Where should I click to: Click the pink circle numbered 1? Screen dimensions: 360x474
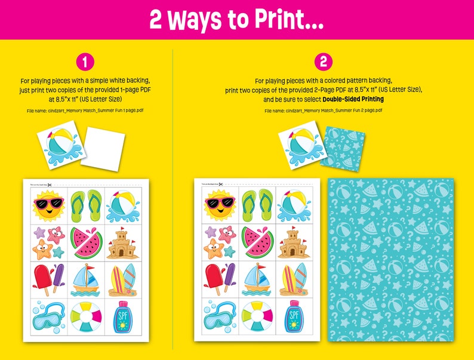click(x=85, y=61)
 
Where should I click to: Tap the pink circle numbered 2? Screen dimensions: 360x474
click(x=323, y=61)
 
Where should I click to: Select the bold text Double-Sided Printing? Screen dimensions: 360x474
click(x=353, y=99)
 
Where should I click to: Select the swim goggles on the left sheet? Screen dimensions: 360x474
click(x=47, y=316)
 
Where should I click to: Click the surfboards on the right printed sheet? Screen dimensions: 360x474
click(x=293, y=279)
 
